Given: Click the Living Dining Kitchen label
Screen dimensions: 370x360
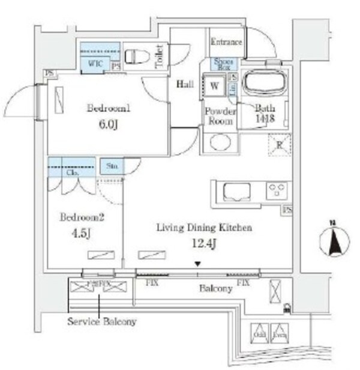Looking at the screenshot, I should point(203,228).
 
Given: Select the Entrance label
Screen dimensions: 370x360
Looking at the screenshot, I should point(226,42).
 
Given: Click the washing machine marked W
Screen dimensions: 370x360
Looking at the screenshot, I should point(214,85).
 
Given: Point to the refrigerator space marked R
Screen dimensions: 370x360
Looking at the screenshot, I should point(279,144).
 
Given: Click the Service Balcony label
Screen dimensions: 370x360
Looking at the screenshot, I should point(102,321).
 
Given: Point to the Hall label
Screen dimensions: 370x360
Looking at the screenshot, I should point(184,85).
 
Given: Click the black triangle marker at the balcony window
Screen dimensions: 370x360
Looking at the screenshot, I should point(197,264).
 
